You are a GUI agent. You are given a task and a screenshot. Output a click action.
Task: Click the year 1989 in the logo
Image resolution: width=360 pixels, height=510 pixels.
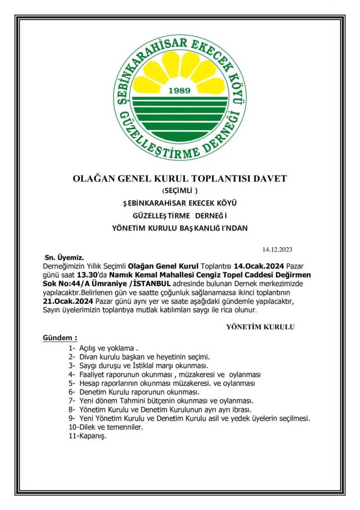coord(180,91)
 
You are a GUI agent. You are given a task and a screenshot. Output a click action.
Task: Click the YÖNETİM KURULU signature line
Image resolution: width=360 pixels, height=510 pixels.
coord(260,327)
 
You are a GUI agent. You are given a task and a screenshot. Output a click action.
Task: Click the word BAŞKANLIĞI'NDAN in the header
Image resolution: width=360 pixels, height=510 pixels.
coord(213,228)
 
